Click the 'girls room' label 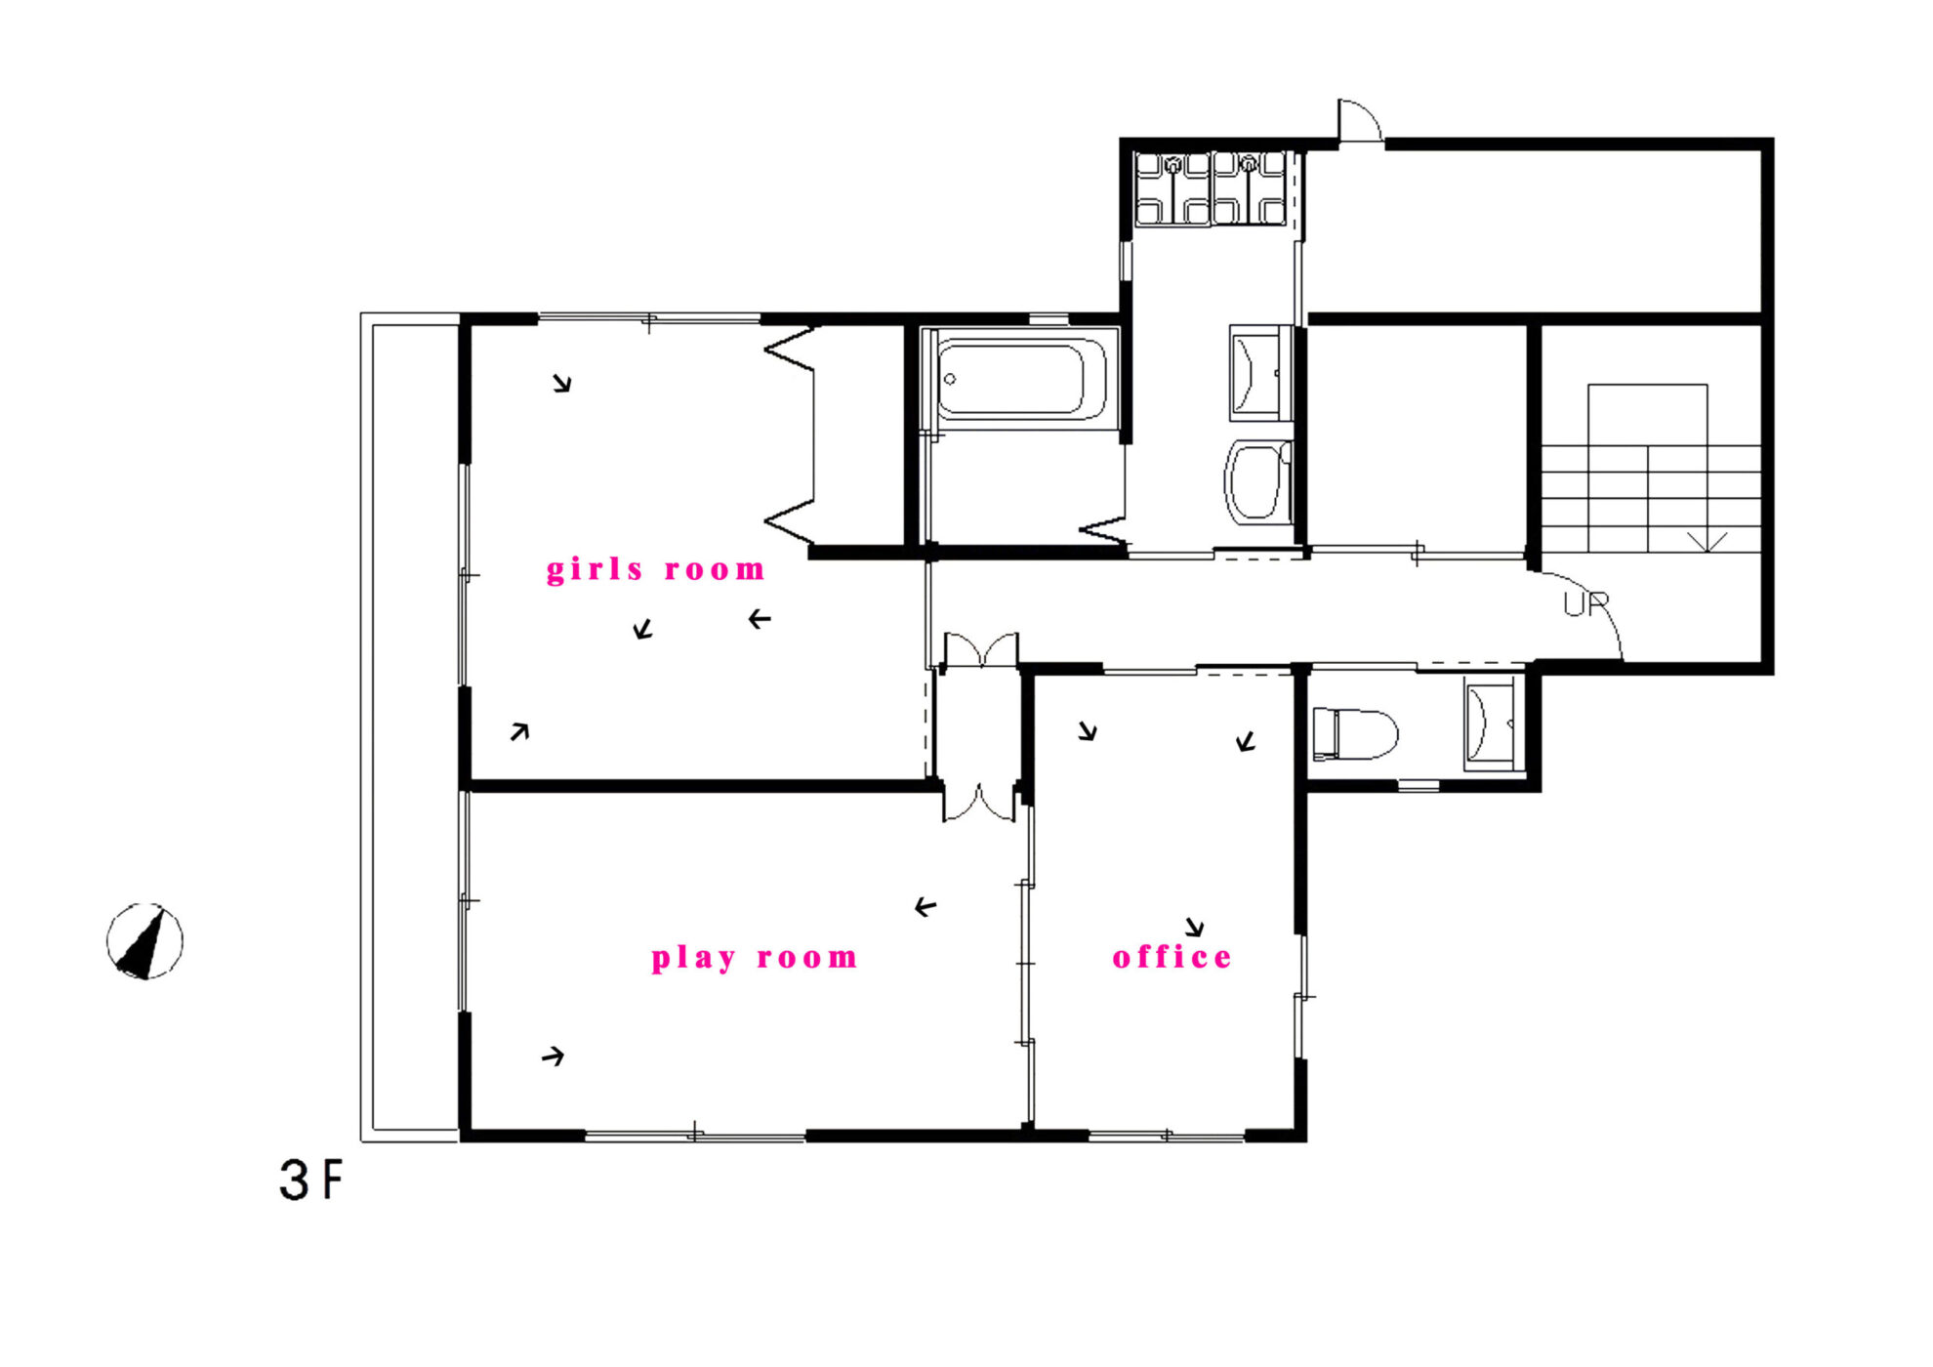point(655,569)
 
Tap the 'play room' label point(754,957)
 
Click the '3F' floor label point(311,1180)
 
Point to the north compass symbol point(144,941)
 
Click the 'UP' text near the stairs point(1585,604)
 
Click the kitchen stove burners point(1211,188)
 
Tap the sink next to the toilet point(1490,725)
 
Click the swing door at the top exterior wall point(1359,121)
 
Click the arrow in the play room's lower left point(554,1056)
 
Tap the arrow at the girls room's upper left point(561,383)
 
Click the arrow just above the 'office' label point(1195,927)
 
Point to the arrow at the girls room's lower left point(519,731)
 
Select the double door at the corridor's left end point(980,650)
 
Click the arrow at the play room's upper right point(925,907)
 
